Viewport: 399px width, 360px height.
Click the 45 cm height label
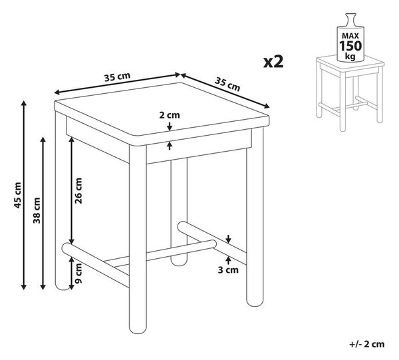point(17,195)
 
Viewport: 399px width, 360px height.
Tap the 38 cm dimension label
point(37,211)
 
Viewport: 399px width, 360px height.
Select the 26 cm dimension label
point(78,190)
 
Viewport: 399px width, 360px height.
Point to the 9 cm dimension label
point(78,273)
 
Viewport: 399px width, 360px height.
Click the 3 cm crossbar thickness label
point(228,270)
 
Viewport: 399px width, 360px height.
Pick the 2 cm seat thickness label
point(170,115)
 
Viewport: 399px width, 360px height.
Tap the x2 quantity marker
point(273,62)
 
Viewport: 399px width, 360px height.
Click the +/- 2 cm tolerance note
point(366,344)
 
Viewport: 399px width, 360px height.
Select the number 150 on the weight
point(350,46)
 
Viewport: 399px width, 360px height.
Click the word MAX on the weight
point(350,36)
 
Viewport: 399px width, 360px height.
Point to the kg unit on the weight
point(350,56)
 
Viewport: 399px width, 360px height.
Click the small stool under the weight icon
point(350,93)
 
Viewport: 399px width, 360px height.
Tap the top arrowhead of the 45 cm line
point(24,103)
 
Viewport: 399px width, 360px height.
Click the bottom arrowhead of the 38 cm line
point(43,287)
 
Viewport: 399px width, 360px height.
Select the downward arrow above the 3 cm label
point(228,238)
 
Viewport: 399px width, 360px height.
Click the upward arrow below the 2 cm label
point(170,146)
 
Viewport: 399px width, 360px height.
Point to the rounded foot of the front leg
point(138,328)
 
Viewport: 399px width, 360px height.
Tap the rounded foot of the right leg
point(255,301)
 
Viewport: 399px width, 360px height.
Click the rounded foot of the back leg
point(179,262)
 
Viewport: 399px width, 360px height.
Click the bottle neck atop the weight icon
point(350,19)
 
